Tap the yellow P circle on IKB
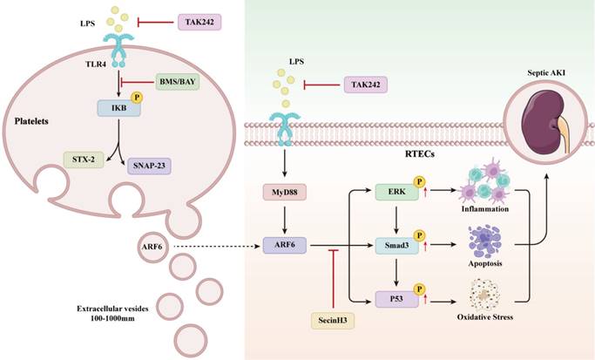pyautogui.click(x=135, y=97)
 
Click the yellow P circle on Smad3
pyautogui.click(x=418, y=236)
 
